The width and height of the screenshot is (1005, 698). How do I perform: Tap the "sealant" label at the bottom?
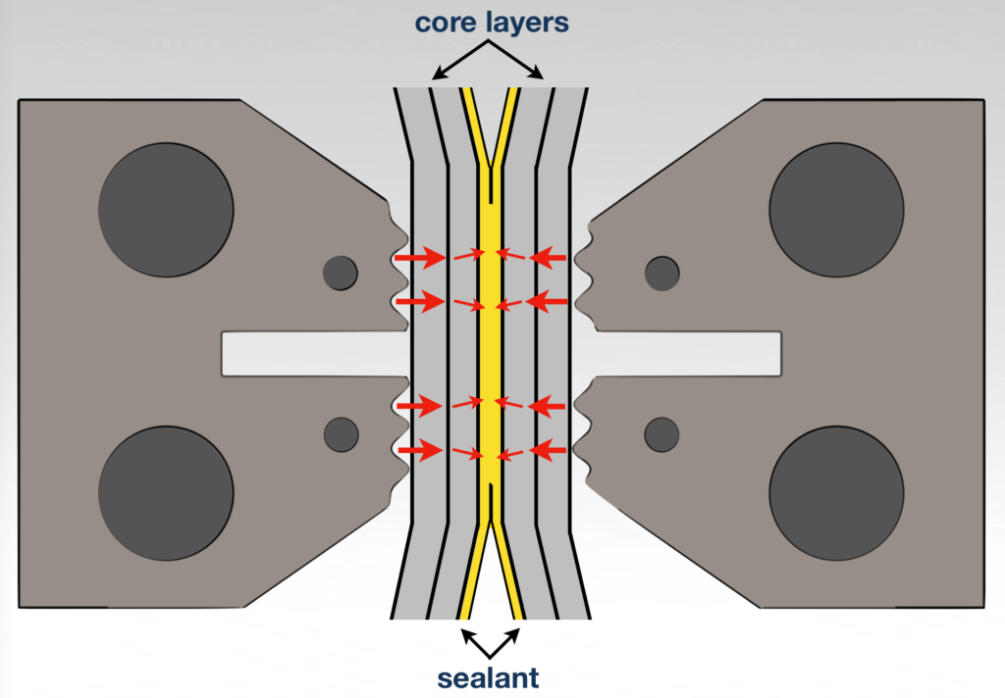pos(490,677)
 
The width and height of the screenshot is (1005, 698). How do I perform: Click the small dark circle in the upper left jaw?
pos(341,273)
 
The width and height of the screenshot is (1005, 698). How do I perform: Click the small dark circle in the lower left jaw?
pos(341,433)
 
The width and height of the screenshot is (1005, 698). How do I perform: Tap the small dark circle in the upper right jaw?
pos(662,273)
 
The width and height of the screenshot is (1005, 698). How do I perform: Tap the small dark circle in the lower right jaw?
pos(662,433)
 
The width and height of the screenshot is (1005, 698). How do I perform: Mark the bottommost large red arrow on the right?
pos(550,451)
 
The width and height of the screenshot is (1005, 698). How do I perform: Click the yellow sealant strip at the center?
pos(491,353)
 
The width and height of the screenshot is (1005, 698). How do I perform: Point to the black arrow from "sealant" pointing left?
pos(473,641)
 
